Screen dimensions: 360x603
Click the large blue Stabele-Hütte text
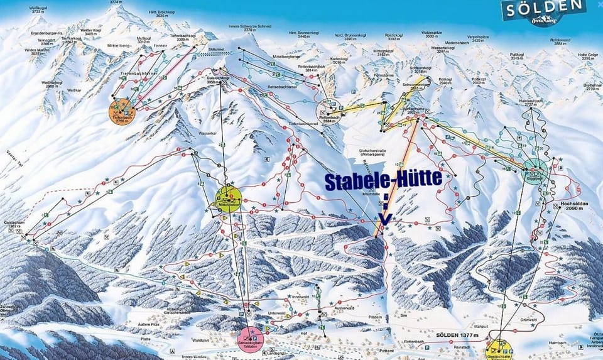(383, 180)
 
